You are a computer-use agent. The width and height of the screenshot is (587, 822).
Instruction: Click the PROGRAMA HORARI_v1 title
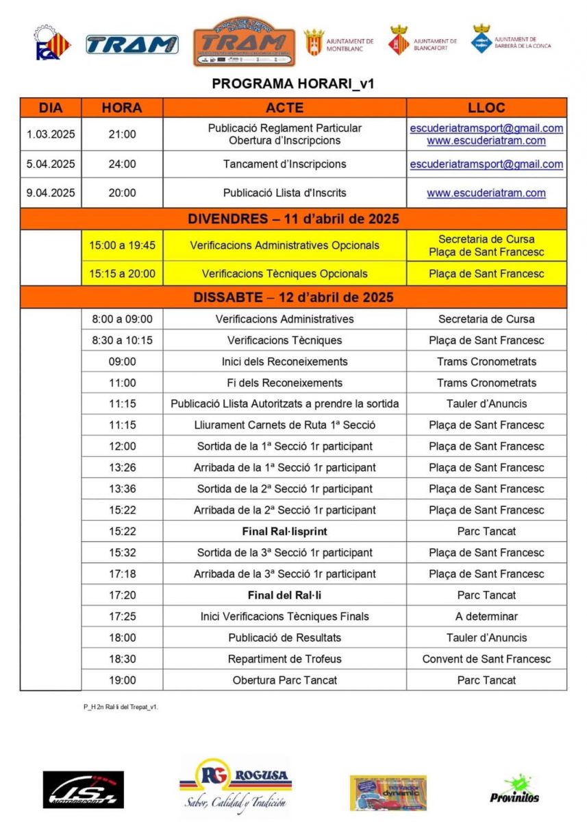click(293, 84)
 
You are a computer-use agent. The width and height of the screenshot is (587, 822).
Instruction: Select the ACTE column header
click(284, 108)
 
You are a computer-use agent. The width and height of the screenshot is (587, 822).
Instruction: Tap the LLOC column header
click(486, 108)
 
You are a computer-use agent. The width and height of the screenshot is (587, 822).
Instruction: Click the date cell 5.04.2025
click(51, 164)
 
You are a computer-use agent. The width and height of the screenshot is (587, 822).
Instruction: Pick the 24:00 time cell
click(122, 164)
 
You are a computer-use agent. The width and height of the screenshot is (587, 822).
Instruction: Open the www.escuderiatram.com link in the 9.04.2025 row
click(486, 193)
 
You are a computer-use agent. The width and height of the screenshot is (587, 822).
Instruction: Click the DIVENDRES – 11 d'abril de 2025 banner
click(293, 219)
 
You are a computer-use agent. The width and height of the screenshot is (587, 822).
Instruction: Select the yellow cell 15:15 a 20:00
click(122, 273)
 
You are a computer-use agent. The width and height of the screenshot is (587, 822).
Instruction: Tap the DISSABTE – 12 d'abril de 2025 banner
click(293, 297)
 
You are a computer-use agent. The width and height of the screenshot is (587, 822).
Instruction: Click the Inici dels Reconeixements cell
click(284, 362)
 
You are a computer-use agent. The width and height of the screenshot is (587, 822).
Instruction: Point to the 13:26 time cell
click(122, 468)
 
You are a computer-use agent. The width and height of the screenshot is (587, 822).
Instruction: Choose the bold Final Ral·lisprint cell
click(284, 532)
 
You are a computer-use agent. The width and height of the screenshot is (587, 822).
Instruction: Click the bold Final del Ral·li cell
click(284, 595)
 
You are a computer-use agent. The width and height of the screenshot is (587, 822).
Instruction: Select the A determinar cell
click(486, 616)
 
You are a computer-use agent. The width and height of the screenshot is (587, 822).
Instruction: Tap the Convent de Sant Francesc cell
click(486, 659)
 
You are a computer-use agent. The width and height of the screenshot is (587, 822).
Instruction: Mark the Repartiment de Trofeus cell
click(284, 659)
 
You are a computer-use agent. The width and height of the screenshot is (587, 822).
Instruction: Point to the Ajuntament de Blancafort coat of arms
click(399, 40)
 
